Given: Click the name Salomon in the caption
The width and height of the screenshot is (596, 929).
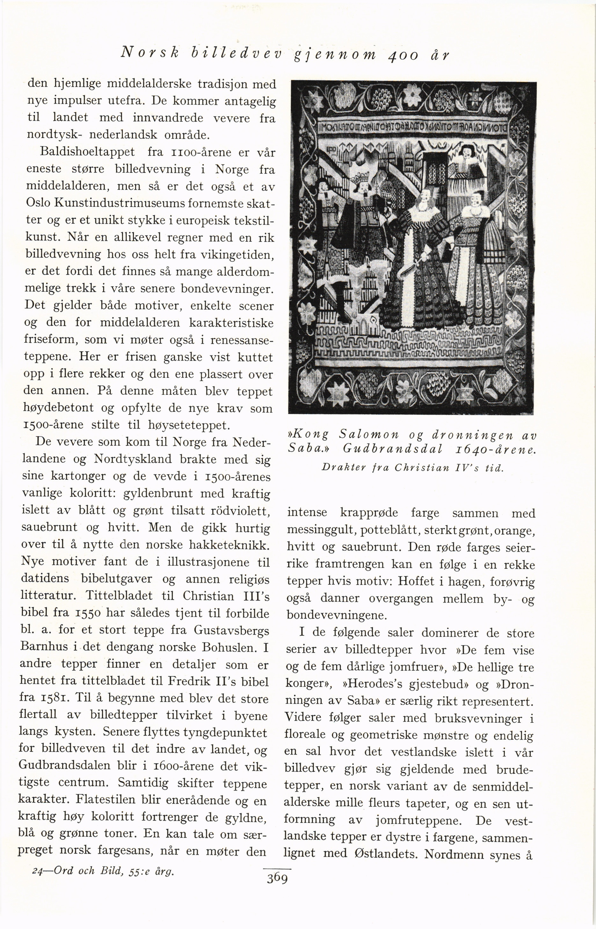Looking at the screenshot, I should point(369,434).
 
